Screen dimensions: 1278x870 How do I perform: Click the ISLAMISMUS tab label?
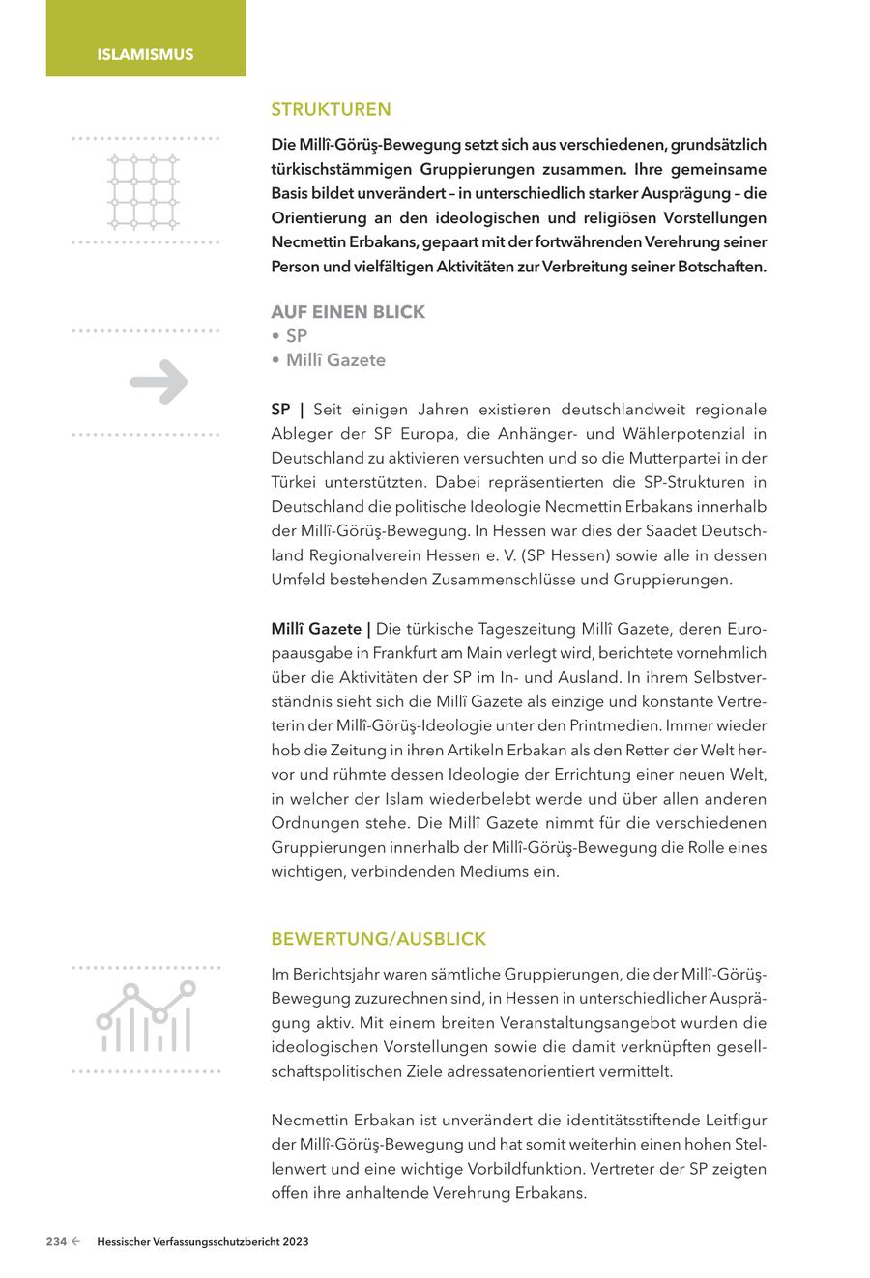145,54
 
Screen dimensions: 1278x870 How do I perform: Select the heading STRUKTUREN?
331,110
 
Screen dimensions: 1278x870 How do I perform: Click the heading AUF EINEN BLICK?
348,312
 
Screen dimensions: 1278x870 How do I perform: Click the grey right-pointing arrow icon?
159,383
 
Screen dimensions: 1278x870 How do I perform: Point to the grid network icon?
143,190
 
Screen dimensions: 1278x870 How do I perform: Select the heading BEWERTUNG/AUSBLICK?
378,939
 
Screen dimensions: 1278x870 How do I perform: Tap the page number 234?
56,1243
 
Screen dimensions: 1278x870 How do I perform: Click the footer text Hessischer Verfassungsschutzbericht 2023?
203,1243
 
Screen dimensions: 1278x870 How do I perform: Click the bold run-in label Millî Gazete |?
321,629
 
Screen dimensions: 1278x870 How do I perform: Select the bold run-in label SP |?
287,410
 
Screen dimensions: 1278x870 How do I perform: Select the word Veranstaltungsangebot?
526,1022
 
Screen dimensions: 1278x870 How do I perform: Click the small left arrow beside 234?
75,1243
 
